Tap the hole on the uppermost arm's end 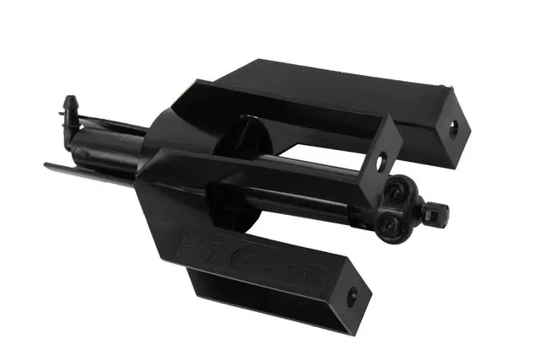[453, 126]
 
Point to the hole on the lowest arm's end [351, 297]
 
